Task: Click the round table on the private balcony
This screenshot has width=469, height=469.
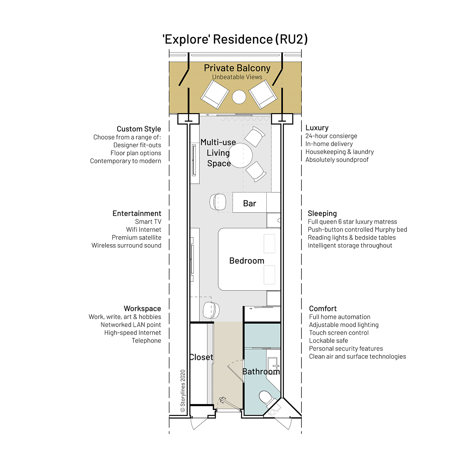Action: click(x=239, y=97)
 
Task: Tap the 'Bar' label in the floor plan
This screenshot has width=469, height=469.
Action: click(x=249, y=203)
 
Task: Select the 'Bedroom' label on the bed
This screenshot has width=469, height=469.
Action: click(x=247, y=261)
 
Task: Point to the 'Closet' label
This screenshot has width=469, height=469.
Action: click(x=201, y=357)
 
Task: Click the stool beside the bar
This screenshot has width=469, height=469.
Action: click(x=217, y=202)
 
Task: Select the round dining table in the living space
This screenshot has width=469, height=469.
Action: click(x=240, y=155)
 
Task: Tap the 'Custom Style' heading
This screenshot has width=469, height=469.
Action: click(x=139, y=129)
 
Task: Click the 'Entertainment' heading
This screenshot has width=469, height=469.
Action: click(x=137, y=214)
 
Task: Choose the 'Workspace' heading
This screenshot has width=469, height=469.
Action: click(x=142, y=308)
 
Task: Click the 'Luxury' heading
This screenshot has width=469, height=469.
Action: click(x=317, y=128)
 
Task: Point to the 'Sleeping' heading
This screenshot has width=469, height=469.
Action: click(x=322, y=214)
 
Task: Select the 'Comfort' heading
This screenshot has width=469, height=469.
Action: click(x=323, y=308)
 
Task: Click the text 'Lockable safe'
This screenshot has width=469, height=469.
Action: click(x=328, y=340)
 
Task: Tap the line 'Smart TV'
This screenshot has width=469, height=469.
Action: click(x=148, y=222)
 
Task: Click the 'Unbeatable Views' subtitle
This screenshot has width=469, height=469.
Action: click(x=237, y=77)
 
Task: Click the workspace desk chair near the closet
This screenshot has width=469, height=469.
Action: click(x=211, y=310)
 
